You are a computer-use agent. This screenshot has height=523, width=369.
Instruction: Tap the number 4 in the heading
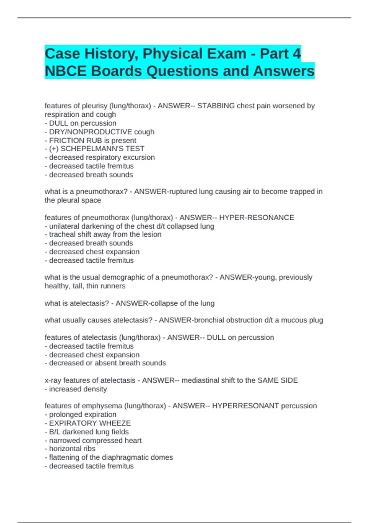(x=296, y=54)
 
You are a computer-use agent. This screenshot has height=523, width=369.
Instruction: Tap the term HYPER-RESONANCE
(x=256, y=218)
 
